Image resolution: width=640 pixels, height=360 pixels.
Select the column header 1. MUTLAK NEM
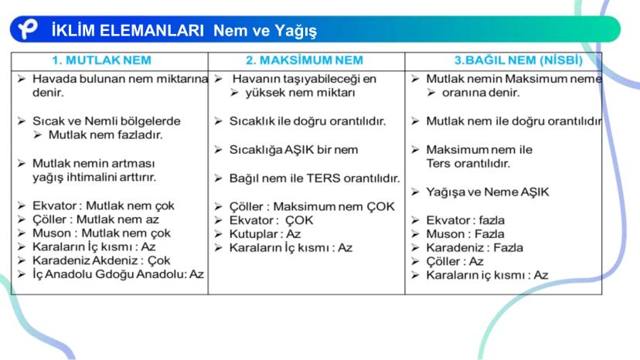pyautogui.click(x=101, y=59)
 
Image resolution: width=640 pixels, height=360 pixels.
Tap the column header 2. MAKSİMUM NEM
pyautogui.click(x=305, y=59)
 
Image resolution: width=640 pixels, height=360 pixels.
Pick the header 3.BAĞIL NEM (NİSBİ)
pyautogui.click(x=517, y=59)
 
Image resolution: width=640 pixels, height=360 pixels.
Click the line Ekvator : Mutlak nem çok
pyautogui.click(x=103, y=205)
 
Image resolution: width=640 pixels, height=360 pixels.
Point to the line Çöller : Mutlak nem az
pyautogui.click(x=96, y=219)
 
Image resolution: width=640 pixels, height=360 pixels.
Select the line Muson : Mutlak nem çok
pyautogui.click(x=101, y=233)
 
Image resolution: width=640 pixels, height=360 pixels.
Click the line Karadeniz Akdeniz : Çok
pyautogui.click(x=101, y=260)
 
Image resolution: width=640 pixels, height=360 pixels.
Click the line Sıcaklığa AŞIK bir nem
pyautogui.click(x=294, y=149)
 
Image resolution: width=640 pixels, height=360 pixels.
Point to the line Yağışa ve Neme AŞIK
pyautogui.click(x=487, y=192)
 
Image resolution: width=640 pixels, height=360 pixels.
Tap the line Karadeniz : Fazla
pyautogui.click(x=475, y=247)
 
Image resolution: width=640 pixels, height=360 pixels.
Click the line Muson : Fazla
pyautogui.click(x=465, y=233)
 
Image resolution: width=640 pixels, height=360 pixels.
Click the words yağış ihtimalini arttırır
pyautogui.click(x=94, y=177)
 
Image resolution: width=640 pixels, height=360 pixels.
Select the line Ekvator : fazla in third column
pyautogui.click(x=465, y=220)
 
